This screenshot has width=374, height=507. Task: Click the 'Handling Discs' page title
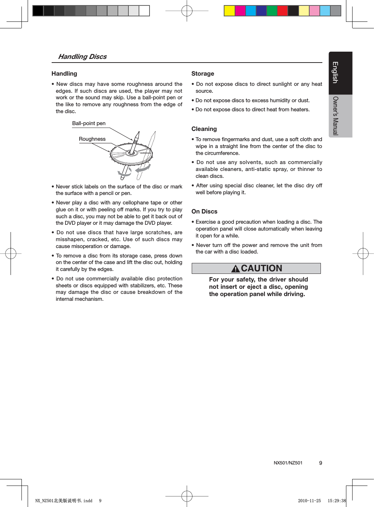[82, 57]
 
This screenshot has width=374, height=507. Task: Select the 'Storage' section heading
[203, 74]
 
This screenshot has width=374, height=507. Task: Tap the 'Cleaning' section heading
[204, 129]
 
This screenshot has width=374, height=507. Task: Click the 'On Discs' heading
[204, 212]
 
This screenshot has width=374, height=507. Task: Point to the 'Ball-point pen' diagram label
[89, 124]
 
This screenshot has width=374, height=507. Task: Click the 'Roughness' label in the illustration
[92, 139]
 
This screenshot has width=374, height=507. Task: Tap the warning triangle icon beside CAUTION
[235, 269]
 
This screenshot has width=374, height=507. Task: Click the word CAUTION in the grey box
[262, 268]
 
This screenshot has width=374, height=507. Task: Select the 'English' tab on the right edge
[335, 73]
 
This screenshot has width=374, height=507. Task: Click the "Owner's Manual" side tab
[335, 116]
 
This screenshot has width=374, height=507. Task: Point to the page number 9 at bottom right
[321, 463]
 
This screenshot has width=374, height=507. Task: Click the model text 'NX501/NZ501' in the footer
[288, 463]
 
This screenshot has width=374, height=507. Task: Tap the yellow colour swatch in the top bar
[229, 11]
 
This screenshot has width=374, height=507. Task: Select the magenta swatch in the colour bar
[240, 11]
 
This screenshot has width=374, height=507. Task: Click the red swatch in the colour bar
[282, 11]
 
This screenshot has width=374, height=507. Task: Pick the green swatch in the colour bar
[272, 11]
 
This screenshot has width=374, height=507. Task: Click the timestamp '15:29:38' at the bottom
[337, 501]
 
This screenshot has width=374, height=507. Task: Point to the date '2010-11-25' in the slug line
[309, 501]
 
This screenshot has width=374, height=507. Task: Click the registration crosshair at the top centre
[187, 11]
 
